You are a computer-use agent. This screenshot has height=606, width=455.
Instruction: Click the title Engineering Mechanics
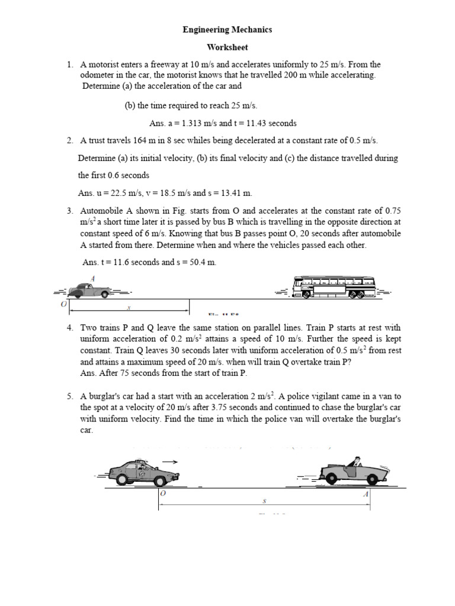pos(227,29)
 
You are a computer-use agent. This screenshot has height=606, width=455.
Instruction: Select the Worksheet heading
pos(227,47)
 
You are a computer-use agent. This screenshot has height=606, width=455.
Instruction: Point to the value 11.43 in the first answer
pos(249,123)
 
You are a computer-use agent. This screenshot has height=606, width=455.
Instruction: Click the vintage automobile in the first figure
pos(89,291)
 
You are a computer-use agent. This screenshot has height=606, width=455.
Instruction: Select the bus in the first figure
pos(334,286)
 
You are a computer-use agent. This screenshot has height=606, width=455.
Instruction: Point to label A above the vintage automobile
pos(92,278)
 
